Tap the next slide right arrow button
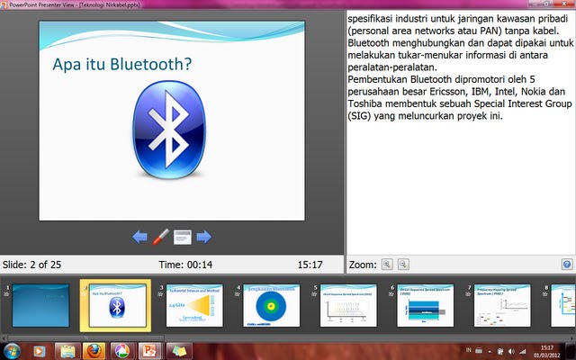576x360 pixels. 204,237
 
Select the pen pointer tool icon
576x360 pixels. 161,237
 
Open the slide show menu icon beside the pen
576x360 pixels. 183,237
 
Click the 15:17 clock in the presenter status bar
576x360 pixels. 310,265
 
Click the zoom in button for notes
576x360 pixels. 387,265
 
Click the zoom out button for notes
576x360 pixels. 403,265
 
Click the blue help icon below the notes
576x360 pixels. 567,265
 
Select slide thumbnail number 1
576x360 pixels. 41,304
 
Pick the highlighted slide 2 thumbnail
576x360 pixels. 115,304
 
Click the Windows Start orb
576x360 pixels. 13,349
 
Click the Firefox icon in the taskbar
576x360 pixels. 94,349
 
